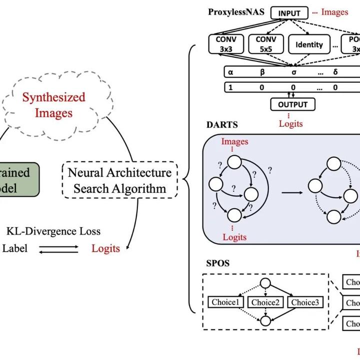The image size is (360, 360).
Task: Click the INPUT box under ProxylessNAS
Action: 290,13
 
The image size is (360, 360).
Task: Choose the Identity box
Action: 309,44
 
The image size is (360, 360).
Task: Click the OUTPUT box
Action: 293,105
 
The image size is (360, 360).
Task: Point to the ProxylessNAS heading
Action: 236,11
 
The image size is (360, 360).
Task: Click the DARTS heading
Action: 222,125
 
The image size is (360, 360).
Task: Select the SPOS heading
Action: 218,263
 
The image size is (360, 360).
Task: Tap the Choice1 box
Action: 225,302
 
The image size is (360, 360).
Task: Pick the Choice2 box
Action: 265,302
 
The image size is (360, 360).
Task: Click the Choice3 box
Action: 305,302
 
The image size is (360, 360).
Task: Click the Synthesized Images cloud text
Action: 53,105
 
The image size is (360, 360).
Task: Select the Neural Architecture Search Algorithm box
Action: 119,181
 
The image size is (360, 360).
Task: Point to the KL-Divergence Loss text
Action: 53,231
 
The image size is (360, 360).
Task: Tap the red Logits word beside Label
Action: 105,248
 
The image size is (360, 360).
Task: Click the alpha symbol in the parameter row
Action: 231,72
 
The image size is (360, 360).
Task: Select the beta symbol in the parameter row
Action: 262,72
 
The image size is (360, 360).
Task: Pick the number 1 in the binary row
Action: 231,87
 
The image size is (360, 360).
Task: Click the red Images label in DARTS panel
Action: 234,142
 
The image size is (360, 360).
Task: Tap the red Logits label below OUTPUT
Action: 290,123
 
